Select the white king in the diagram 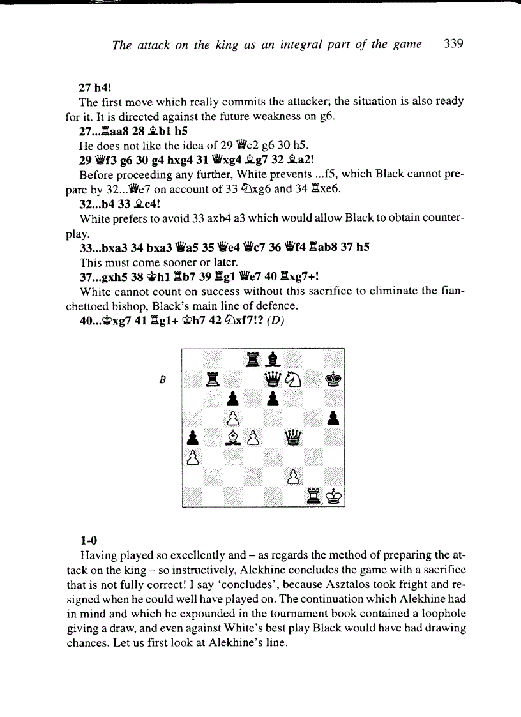(333, 495)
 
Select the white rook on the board (313, 495)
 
